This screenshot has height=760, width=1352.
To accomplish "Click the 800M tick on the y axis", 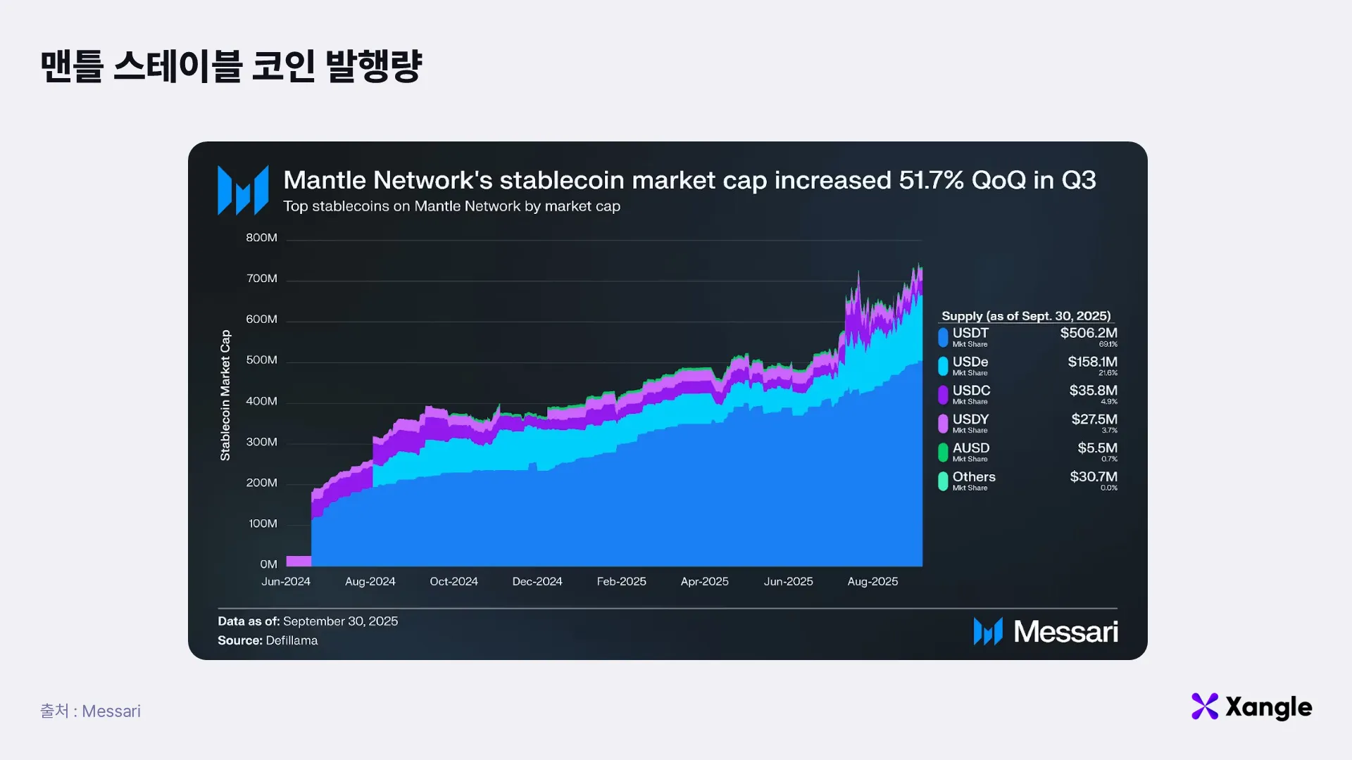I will [x=261, y=238].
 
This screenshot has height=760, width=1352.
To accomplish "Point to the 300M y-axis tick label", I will [x=261, y=442].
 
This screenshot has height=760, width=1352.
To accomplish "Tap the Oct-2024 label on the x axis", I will [x=453, y=581].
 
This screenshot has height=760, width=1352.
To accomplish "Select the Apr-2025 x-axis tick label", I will [x=704, y=581].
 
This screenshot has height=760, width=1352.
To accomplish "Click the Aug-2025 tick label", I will [x=872, y=581].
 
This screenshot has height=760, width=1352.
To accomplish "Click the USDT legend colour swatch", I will [x=943, y=337].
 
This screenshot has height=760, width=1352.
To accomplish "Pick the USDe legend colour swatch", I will [x=943, y=366].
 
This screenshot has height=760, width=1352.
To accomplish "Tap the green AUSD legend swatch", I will [x=943, y=452].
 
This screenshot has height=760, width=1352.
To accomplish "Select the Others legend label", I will [x=974, y=477].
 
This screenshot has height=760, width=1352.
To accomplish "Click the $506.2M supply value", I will [x=1089, y=333].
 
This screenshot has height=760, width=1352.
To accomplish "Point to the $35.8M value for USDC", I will [x=1093, y=391].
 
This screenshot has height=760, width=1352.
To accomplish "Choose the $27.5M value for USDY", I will [x=1094, y=419].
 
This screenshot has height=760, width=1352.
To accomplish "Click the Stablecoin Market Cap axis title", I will [x=225, y=395].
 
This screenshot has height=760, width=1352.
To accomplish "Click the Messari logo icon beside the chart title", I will [x=243, y=190].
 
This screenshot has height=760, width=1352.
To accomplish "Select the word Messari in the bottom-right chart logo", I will [x=1065, y=632].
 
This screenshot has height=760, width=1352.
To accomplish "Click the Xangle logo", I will [x=1251, y=707].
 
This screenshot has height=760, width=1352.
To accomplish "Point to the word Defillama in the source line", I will [x=292, y=640].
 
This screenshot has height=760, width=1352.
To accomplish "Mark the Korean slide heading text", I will [x=231, y=66].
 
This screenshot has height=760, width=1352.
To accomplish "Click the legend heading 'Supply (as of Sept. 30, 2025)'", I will [x=1026, y=316].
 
